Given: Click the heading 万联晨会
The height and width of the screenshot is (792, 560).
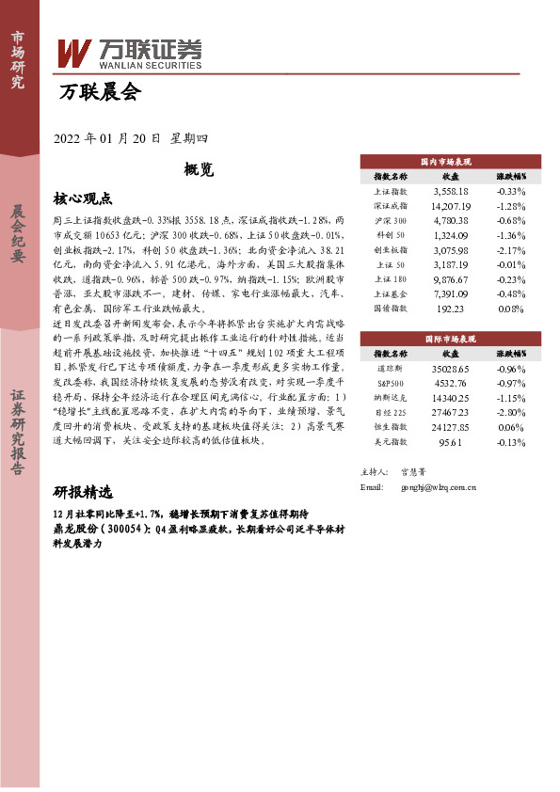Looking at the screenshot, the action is tap(99, 92).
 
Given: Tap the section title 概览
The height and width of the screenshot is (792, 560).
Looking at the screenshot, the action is tap(200, 170).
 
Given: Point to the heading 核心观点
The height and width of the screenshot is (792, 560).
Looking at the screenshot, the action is tap(83, 199).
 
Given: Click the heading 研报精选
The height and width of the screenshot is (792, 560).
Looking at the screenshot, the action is tap(83, 493).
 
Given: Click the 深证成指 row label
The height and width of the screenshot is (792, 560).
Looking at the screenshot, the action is tap(391, 205).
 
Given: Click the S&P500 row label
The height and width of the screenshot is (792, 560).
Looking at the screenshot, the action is tap(391, 383).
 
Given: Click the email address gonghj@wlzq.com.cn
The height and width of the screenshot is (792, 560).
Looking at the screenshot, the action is tap(440, 487).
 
